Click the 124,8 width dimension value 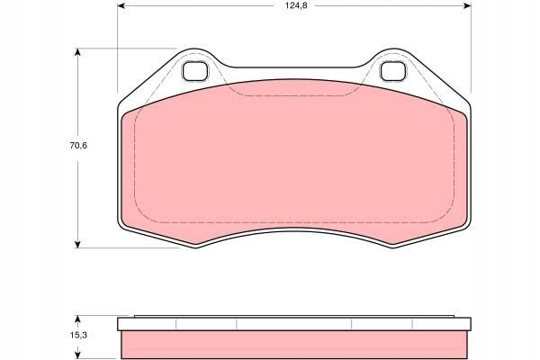tap(296, 6)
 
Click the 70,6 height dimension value tap(78, 146)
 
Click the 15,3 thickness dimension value tap(78, 335)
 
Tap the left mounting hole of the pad tap(195, 71)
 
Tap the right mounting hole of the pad tap(393, 71)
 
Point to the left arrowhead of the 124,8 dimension tap(121, 6)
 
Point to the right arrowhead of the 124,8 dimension tap(467, 6)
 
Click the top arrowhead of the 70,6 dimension tap(77, 52)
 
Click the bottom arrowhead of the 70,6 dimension tap(77, 244)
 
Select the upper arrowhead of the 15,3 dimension tap(77, 319)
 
